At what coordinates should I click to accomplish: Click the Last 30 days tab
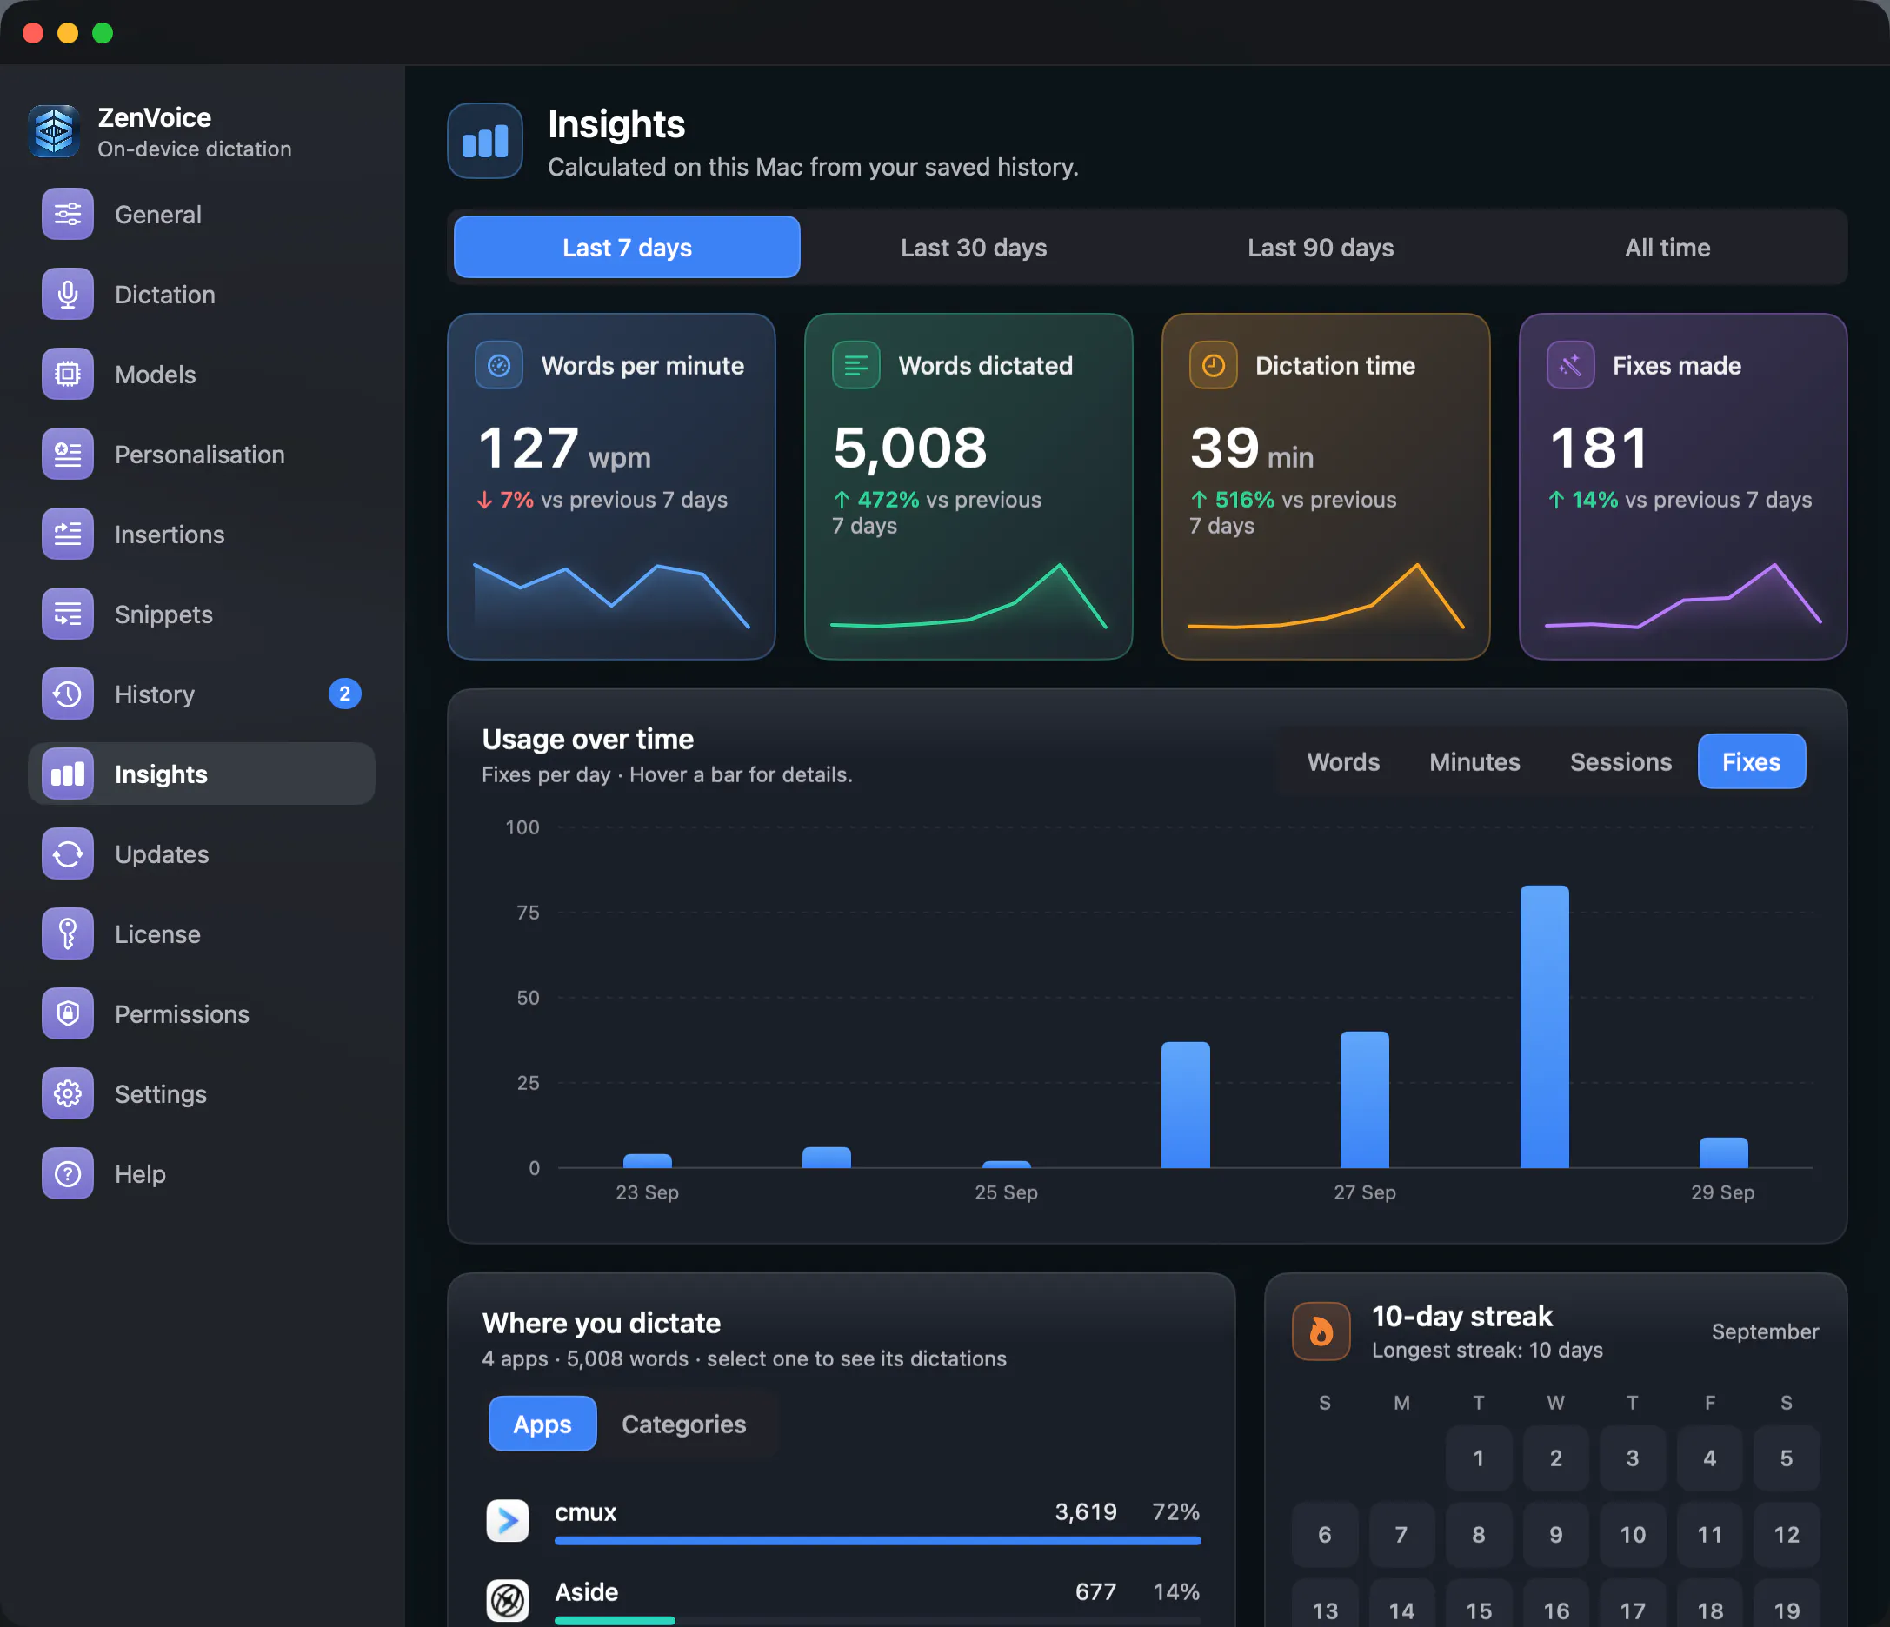click(x=974, y=247)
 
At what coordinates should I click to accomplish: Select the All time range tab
click(x=1667, y=247)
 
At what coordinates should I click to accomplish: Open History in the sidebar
click(x=154, y=694)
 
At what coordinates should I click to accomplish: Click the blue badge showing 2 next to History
click(x=345, y=694)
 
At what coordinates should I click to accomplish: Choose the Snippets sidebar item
click(x=163, y=614)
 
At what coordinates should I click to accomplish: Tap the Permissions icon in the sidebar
click(x=68, y=1013)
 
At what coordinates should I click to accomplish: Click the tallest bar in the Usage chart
click(x=1544, y=1026)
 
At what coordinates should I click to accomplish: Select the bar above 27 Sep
click(x=1365, y=1099)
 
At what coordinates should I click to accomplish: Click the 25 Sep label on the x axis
click(x=1006, y=1192)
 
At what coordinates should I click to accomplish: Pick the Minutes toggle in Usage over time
click(x=1474, y=761)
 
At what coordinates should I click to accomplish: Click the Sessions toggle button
click(x=1620, y=761)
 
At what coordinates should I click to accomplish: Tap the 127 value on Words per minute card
click(x=529, y=448)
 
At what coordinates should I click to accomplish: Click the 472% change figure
click(x=888, y=500)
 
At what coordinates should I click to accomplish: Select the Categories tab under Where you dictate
click(x=684, y=1424)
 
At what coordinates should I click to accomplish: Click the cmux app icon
click(x=507, y=1520)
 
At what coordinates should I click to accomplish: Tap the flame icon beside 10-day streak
click(x=1321, y=1331)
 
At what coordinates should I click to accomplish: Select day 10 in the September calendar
click(x=1633, y=1535)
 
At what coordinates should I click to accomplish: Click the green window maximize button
click(x=103, y=34)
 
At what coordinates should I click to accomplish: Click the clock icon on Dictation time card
click(x=1213, y=365)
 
